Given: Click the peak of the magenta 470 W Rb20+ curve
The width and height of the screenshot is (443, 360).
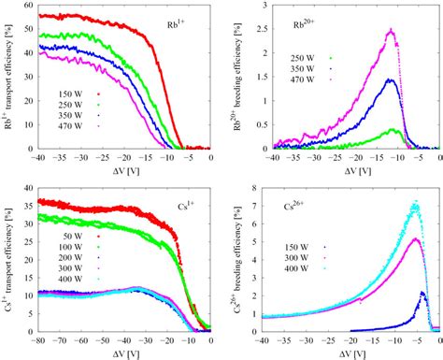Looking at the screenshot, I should click(393, 30).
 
